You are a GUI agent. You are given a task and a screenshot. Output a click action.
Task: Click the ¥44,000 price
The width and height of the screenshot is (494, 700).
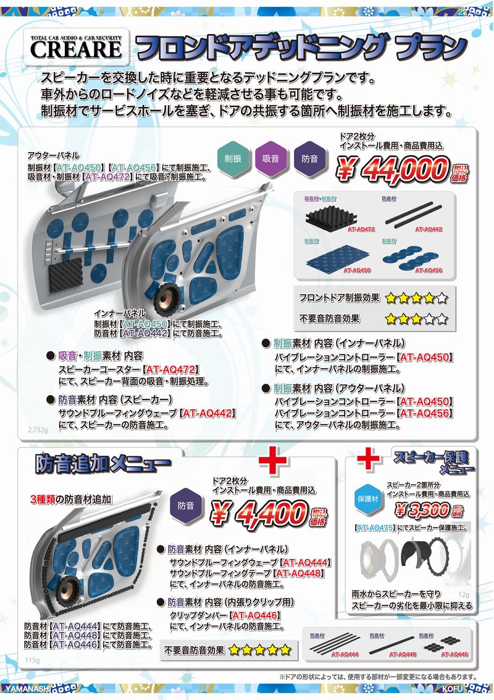pos(391,168)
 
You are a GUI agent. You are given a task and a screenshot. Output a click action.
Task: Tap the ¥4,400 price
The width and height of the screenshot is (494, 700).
pos(259,512)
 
